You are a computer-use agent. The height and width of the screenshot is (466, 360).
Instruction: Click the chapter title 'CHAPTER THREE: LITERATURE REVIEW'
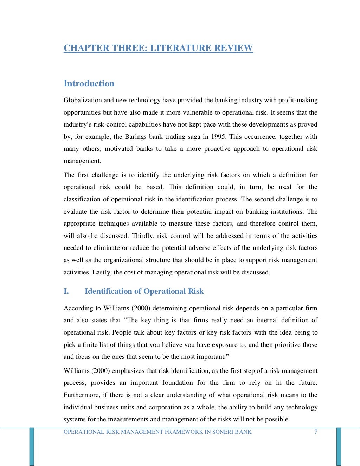click(x=158, y=48)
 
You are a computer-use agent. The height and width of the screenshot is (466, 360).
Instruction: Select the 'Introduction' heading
click(x=89, y=84)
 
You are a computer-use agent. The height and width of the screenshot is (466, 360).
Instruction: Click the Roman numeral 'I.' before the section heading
click(x=66, y=291)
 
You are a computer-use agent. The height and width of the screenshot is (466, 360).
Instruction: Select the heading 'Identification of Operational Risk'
click(x=144, y=291)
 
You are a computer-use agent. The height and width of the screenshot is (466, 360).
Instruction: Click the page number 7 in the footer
click(x=316, y=432)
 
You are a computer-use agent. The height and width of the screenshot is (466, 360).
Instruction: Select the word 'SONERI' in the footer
click(x=223, y=432)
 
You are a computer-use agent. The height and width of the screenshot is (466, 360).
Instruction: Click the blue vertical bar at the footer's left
click(x=32, y=446)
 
